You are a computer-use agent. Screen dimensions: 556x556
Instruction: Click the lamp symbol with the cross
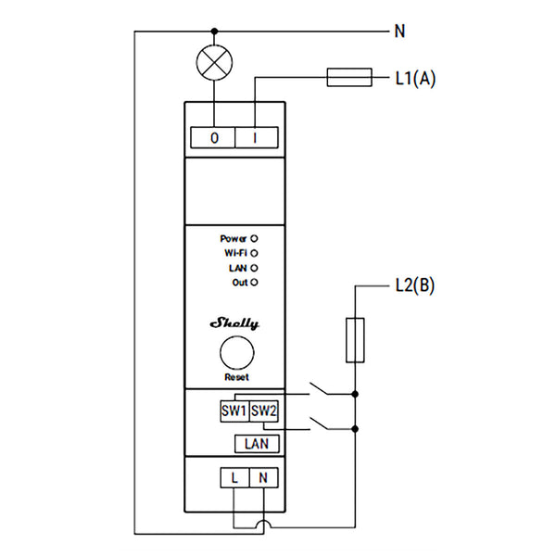pyautogui.click(x=214, y=62)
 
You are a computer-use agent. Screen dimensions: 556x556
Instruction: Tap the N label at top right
pyautogui.click(x=399, y=32)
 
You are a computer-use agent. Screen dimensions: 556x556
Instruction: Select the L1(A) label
pyautogui.click(x=415, y=78)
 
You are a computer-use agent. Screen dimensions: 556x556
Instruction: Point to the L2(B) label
pyautogui.click(x=415, y=285)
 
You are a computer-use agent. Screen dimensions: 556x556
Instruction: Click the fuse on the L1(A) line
pyautogui.click(x=349, y=77)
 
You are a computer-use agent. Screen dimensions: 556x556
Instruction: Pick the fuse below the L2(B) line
pyautogui.click(x=355, y=340)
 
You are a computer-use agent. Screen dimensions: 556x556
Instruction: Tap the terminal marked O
pyautogui.click(x=213, y=137)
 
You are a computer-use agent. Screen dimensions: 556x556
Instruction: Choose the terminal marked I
pyautogui.click(x=257, y=137)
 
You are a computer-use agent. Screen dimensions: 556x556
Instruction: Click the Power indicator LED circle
pyautogui.click(x=254, y=239)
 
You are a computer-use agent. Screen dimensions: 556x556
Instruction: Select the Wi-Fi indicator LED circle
pyautogui.click(x=254, y=253)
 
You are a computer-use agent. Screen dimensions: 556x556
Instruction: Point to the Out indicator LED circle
pyautogui.click(x=254, y=283)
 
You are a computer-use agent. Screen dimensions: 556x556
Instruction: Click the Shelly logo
pyautogui.click(x=234, y=323)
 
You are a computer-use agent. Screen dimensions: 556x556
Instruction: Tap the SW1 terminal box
pyautogui.click(x=234, y=411)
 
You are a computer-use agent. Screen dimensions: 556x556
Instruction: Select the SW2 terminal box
pyautogui.click(x=264, y=411)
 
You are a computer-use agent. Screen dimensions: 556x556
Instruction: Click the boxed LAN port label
pyautogui.click(x=257, y=444)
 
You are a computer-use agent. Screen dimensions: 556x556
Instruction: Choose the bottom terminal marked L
pyautogui.click(x=234, y=477)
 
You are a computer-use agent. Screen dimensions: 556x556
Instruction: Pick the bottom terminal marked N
pyautogui.click(x=264, y=477)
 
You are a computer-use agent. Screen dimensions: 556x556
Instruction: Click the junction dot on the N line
pyautogui.click(x=214, y=32)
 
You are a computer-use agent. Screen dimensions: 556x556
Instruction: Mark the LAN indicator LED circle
pyautogui.click(x=254, y=268)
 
